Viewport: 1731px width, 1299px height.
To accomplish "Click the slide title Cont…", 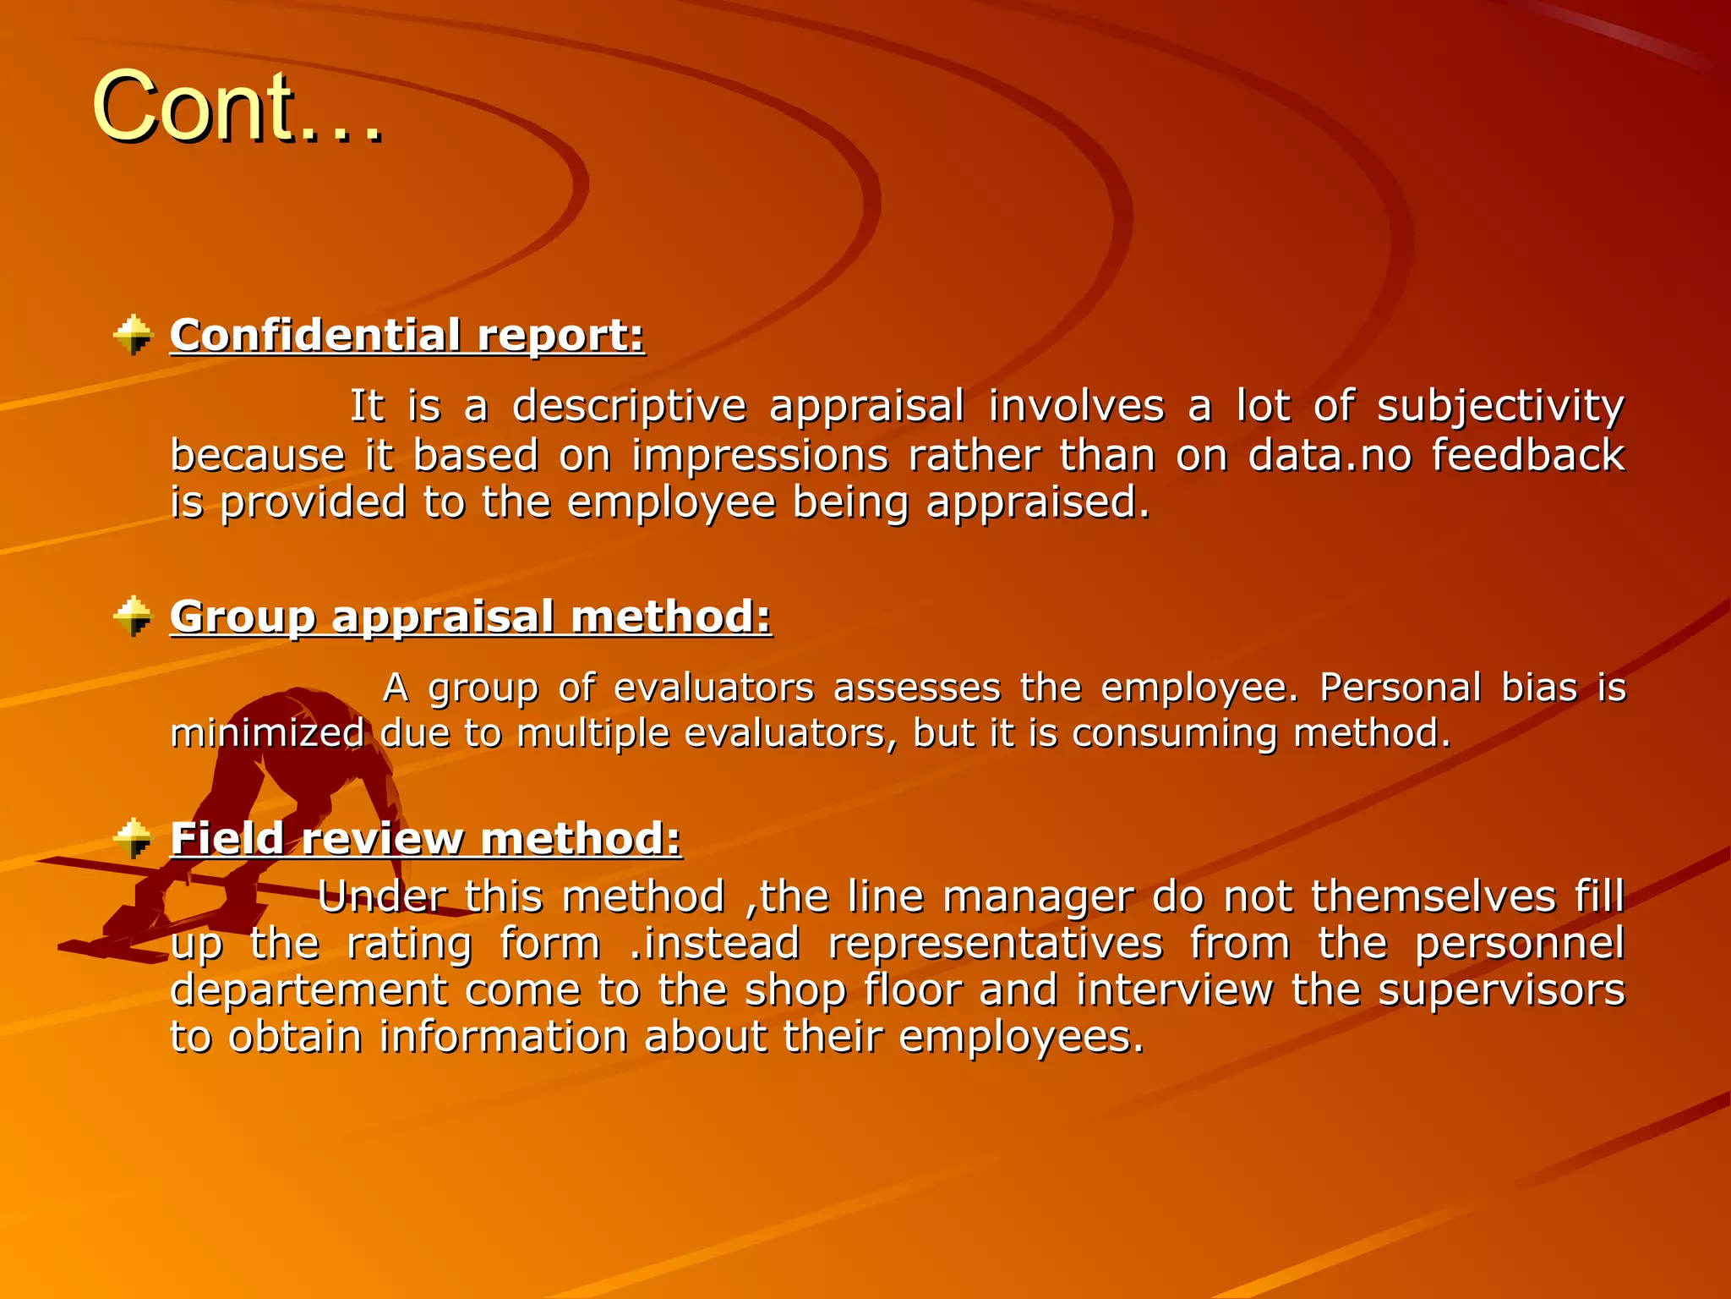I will tap(238, 107).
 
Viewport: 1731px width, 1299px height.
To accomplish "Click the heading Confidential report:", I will tap(407, 335).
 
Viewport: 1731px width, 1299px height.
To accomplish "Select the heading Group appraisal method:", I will tap(471, 617).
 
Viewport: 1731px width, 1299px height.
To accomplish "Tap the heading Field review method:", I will tap(425, 838).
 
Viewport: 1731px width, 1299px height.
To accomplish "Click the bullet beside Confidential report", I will tap(133, 335).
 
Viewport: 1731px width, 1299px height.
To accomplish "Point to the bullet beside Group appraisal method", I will tap(133, 617).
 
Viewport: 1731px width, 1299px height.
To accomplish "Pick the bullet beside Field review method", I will tap(133, 838).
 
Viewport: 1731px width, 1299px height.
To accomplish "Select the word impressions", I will tap(760, 455).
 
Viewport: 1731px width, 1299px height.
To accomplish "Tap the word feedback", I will tap(1527, 455).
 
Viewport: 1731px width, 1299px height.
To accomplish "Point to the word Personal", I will tap(1400, 688).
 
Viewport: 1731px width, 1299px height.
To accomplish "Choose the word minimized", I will tap(267, 732).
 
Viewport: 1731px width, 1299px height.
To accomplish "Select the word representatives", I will tap(995, 944).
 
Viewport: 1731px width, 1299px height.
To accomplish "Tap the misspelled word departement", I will tap(308, 990).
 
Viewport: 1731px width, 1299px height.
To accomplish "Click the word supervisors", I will tap(1501, 990).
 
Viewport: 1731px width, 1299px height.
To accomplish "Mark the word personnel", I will tap(1519, 944).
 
